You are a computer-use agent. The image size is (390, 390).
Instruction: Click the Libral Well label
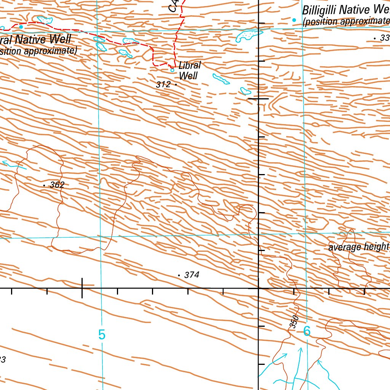click(189, 70)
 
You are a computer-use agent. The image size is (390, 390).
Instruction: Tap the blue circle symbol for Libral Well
click(172, 70)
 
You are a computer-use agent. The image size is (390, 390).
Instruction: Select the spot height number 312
click(163, 85)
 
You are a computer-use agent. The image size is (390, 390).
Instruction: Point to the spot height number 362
click(57, 185)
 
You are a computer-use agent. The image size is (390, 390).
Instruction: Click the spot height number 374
click(192, 275)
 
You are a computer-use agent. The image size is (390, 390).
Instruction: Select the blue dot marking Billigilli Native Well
click(294, 19)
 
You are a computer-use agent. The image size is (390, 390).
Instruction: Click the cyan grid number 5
click(101, 334)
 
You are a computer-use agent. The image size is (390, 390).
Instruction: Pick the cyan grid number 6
click(307, 331)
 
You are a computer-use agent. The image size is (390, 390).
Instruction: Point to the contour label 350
click(293, 322)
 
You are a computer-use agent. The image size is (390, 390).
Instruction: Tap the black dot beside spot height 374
click(179, 275)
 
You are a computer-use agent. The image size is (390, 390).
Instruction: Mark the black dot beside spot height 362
click(45, 185)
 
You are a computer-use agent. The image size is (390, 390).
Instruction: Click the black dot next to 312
click(176, 84)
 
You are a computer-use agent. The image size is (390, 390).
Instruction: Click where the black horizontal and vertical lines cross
click(259, 288)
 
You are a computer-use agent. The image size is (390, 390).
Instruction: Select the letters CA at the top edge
click(174, 5)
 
